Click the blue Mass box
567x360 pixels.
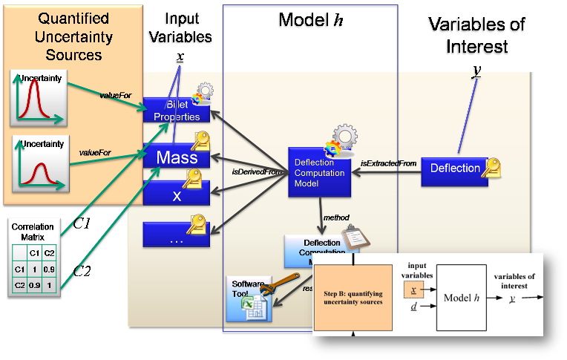[x=177, y=157]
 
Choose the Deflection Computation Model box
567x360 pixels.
[x=319, y=173]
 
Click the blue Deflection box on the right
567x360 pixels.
[x=455, y=168]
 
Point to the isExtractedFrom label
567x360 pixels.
[x=387, y=163]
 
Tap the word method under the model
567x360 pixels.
[x=336, y=217]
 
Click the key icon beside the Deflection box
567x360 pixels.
[x=491, y=168]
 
